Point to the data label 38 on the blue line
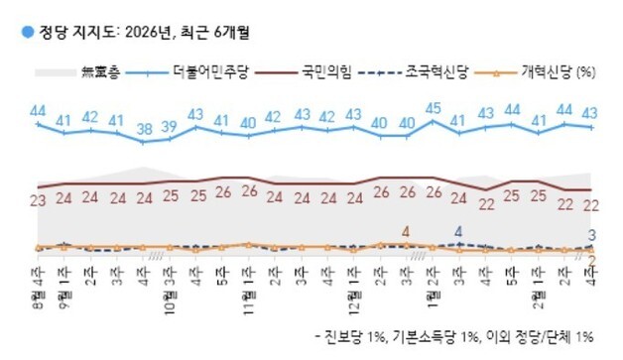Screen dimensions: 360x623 point(145,128)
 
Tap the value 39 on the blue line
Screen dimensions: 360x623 point(171,125)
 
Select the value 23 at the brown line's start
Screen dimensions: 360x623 point(39,200)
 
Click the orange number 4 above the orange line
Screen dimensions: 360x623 point(406,232)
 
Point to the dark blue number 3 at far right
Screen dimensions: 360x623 point(592,235)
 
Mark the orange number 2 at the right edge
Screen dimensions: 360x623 point(592,260)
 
